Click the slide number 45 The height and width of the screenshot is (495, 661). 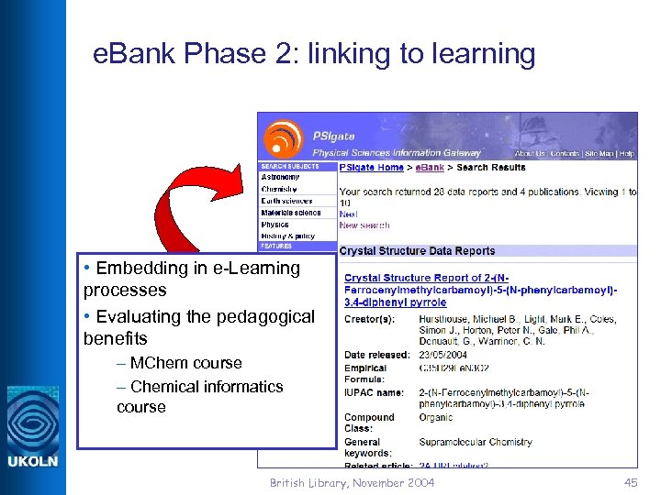click(630, 483)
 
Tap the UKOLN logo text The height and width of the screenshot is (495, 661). click(32, 461)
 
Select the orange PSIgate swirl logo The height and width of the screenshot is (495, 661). click(283, 137)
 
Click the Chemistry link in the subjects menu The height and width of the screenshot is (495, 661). click(279, 189)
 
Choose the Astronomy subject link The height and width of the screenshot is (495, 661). click(280, 177)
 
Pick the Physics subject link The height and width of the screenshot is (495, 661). click(274, 224)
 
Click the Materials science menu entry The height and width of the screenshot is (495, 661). click(291, 213)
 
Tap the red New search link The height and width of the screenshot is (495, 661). click(364, 225)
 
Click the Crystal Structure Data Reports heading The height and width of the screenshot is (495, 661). click(417, 251)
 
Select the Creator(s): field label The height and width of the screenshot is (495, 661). click(369, 319)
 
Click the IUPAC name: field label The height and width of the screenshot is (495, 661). click(374, 392)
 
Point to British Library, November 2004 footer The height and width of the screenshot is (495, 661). click(353, 483)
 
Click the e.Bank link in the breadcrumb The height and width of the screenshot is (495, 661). click(430, 168)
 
